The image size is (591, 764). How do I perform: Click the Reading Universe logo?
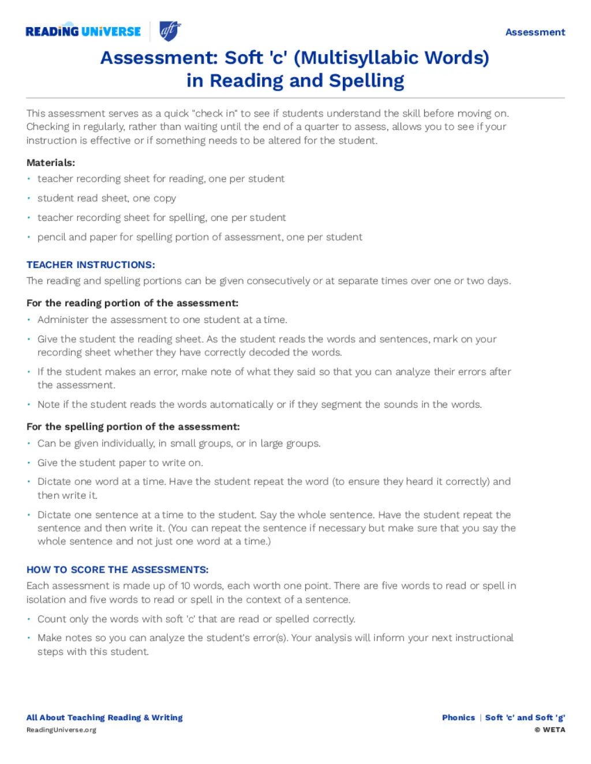tap(83, 31)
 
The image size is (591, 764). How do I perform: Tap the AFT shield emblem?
tap(170, 31)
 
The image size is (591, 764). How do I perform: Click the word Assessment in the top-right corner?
tap(535, 32)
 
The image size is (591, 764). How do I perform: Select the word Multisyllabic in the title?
tap(360, 58)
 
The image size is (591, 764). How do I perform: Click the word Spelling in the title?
tap(366, 81)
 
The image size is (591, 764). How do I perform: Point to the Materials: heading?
tap(51, 163)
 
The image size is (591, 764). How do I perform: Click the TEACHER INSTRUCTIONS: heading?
tap(91, 265)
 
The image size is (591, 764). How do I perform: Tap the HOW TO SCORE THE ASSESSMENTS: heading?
tap(117, 570)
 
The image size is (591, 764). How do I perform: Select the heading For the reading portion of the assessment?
tap(132, 303)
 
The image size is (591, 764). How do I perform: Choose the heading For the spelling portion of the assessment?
tap(133, 427)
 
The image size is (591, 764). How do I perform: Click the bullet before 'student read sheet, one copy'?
tap(29, 198)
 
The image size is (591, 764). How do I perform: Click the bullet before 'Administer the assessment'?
tap(29, 319)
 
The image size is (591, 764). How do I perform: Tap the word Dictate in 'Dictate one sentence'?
tap(54, 515)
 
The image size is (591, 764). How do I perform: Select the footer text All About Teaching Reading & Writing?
tap(104, 717)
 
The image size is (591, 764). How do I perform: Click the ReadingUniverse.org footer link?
tap(61, 730)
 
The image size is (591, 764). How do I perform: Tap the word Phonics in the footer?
tap(458, 717)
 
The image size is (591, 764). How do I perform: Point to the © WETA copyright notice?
tap(549, 730)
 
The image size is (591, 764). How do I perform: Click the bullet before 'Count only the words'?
tap(29, 619)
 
